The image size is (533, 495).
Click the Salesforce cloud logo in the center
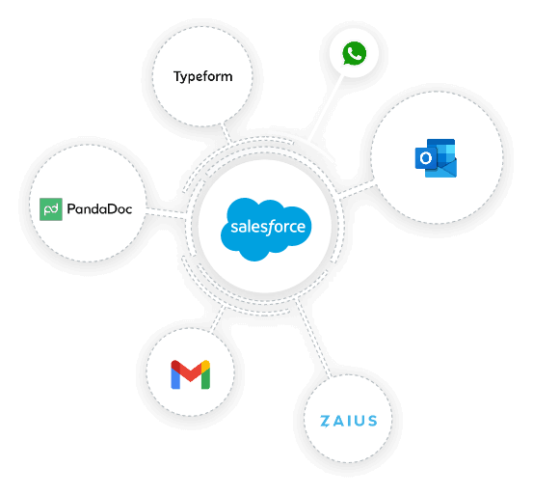[x=267, y=229]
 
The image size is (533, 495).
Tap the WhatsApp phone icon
[x=354, y=53]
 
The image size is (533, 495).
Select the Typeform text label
[x=203, y=77]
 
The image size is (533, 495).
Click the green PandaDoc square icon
[x=51, y=208]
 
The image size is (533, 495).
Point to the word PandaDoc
[x=100, y=208]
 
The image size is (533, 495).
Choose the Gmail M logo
[x=190, y=373]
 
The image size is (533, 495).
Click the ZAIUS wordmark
[x=348, y=421]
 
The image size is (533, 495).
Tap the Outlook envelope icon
[x=437, y=158]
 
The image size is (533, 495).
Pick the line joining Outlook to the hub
[x=357, y=189]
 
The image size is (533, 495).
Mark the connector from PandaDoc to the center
[x=166, y=212]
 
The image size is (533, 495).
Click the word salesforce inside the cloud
[x=267, y=229]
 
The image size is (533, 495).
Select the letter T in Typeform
[x=177, y=76]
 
